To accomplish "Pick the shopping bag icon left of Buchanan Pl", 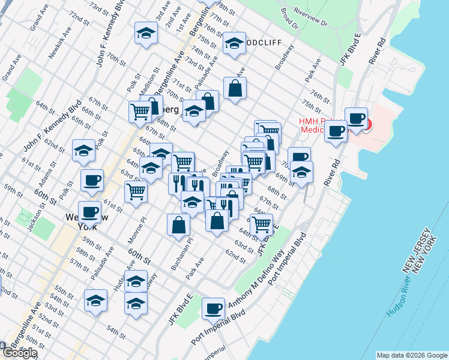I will point(179,224).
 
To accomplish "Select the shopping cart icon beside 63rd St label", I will point(136,191).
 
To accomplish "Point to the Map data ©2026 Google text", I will point(412,355).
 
